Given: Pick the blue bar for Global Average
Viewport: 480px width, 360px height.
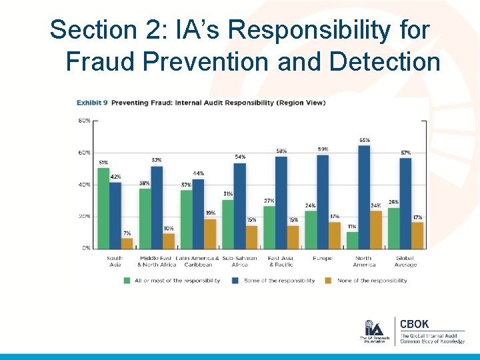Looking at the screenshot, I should click(405, 203).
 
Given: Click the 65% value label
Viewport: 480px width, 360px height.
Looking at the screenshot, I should click(365, 140).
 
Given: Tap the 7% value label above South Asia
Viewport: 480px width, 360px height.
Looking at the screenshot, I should click(127, 233).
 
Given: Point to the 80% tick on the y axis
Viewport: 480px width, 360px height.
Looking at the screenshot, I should click(85, 121).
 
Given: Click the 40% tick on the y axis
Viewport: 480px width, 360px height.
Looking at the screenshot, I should click(85, 185).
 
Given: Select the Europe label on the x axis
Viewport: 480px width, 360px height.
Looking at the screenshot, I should click(323, 259).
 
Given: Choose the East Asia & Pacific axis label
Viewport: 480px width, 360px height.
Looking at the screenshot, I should click(281, 261).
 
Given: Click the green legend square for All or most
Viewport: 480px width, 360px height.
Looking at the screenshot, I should click(127, 281).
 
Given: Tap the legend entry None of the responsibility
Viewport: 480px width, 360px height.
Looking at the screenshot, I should click(372, 281).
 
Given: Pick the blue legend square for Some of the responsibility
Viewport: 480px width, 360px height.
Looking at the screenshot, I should click(236, 281).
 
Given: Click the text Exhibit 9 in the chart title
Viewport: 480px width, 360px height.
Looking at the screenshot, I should click(91, 103).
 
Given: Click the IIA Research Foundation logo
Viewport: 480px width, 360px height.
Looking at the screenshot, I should click(374, 330).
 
